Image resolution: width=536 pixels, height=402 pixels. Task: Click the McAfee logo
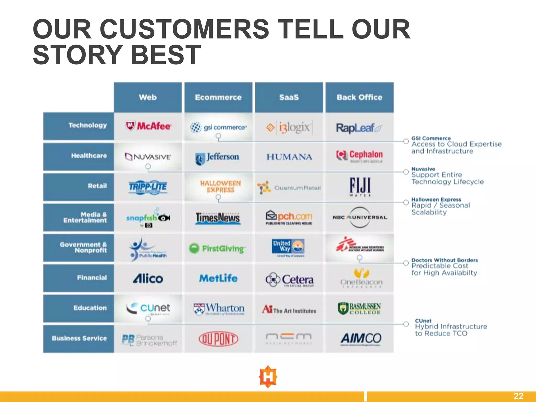[x=148, y=126]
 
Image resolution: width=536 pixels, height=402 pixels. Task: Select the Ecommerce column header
[x=218, y=97]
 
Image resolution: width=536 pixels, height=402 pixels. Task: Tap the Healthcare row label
[x=89, y=156]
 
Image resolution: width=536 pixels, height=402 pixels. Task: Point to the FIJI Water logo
[x=360, y=187]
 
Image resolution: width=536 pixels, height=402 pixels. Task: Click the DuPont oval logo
[x=218, y=339]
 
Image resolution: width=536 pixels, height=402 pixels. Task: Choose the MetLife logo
[x=218, y=278]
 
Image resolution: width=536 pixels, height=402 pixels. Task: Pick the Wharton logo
[x=219, y=309]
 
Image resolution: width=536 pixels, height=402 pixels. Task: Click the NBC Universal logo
[x=360, y=217]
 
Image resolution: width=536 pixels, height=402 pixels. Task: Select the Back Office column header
[x=359, y=97]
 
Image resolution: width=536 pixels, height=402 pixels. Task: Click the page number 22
[x=518, y=396]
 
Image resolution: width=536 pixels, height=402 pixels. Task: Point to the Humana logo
[x=289, y=157]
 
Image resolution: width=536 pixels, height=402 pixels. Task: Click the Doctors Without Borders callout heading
[x=444, y=260]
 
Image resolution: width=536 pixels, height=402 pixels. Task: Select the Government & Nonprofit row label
[x=83, y=247]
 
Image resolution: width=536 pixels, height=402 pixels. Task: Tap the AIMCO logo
[x=361, y=339]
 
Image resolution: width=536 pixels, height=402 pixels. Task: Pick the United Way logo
[x=288, y=247]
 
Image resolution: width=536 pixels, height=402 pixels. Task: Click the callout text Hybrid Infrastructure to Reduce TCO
[x=451, y=330]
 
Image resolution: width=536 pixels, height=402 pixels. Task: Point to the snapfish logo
[x=148, y=218]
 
